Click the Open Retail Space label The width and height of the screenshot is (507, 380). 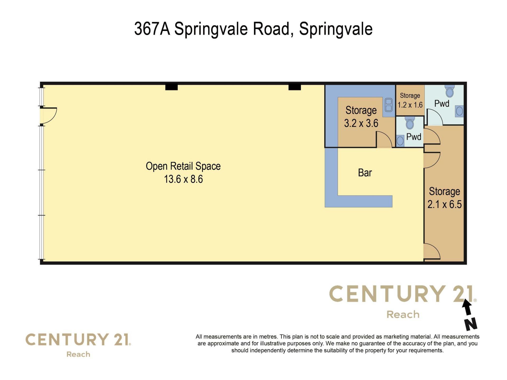tap(183, 166)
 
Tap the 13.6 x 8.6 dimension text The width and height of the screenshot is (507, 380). tap(183, 179)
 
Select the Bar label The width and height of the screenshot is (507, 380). tap(365, 173)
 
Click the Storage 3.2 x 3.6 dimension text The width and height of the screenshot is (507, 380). tap(361, 123)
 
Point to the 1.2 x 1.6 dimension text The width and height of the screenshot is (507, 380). tap(410, 105)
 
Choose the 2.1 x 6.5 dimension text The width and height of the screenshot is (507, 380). tap(445, 204)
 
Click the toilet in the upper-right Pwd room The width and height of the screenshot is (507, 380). tap(449, 91)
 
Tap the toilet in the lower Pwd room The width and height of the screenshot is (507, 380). tap(410, 123)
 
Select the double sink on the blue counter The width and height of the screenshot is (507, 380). tap(388, 105)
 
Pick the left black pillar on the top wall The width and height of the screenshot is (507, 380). tap(171, 87)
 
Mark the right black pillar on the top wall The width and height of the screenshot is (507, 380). tap(295, 87)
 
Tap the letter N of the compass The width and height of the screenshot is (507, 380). tap(471, 324)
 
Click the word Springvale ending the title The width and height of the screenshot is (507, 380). tap(336, 29)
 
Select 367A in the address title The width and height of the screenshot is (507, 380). tap(152, 28)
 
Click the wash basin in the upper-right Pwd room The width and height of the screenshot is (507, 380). tap(459, 111)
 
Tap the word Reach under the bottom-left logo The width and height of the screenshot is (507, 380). tap(78, 354)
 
